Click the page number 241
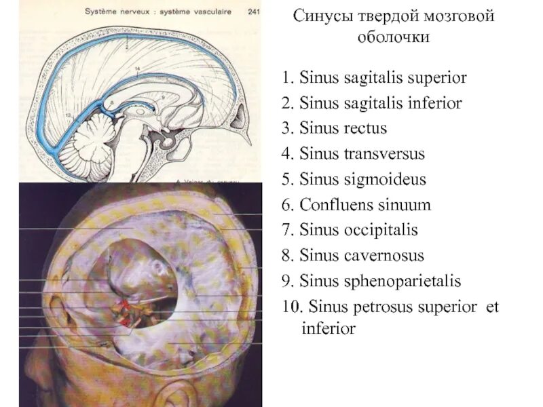[255, 11]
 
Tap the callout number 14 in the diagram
[137, 69]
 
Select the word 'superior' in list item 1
[436, 78]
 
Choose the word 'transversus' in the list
[384, 155]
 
